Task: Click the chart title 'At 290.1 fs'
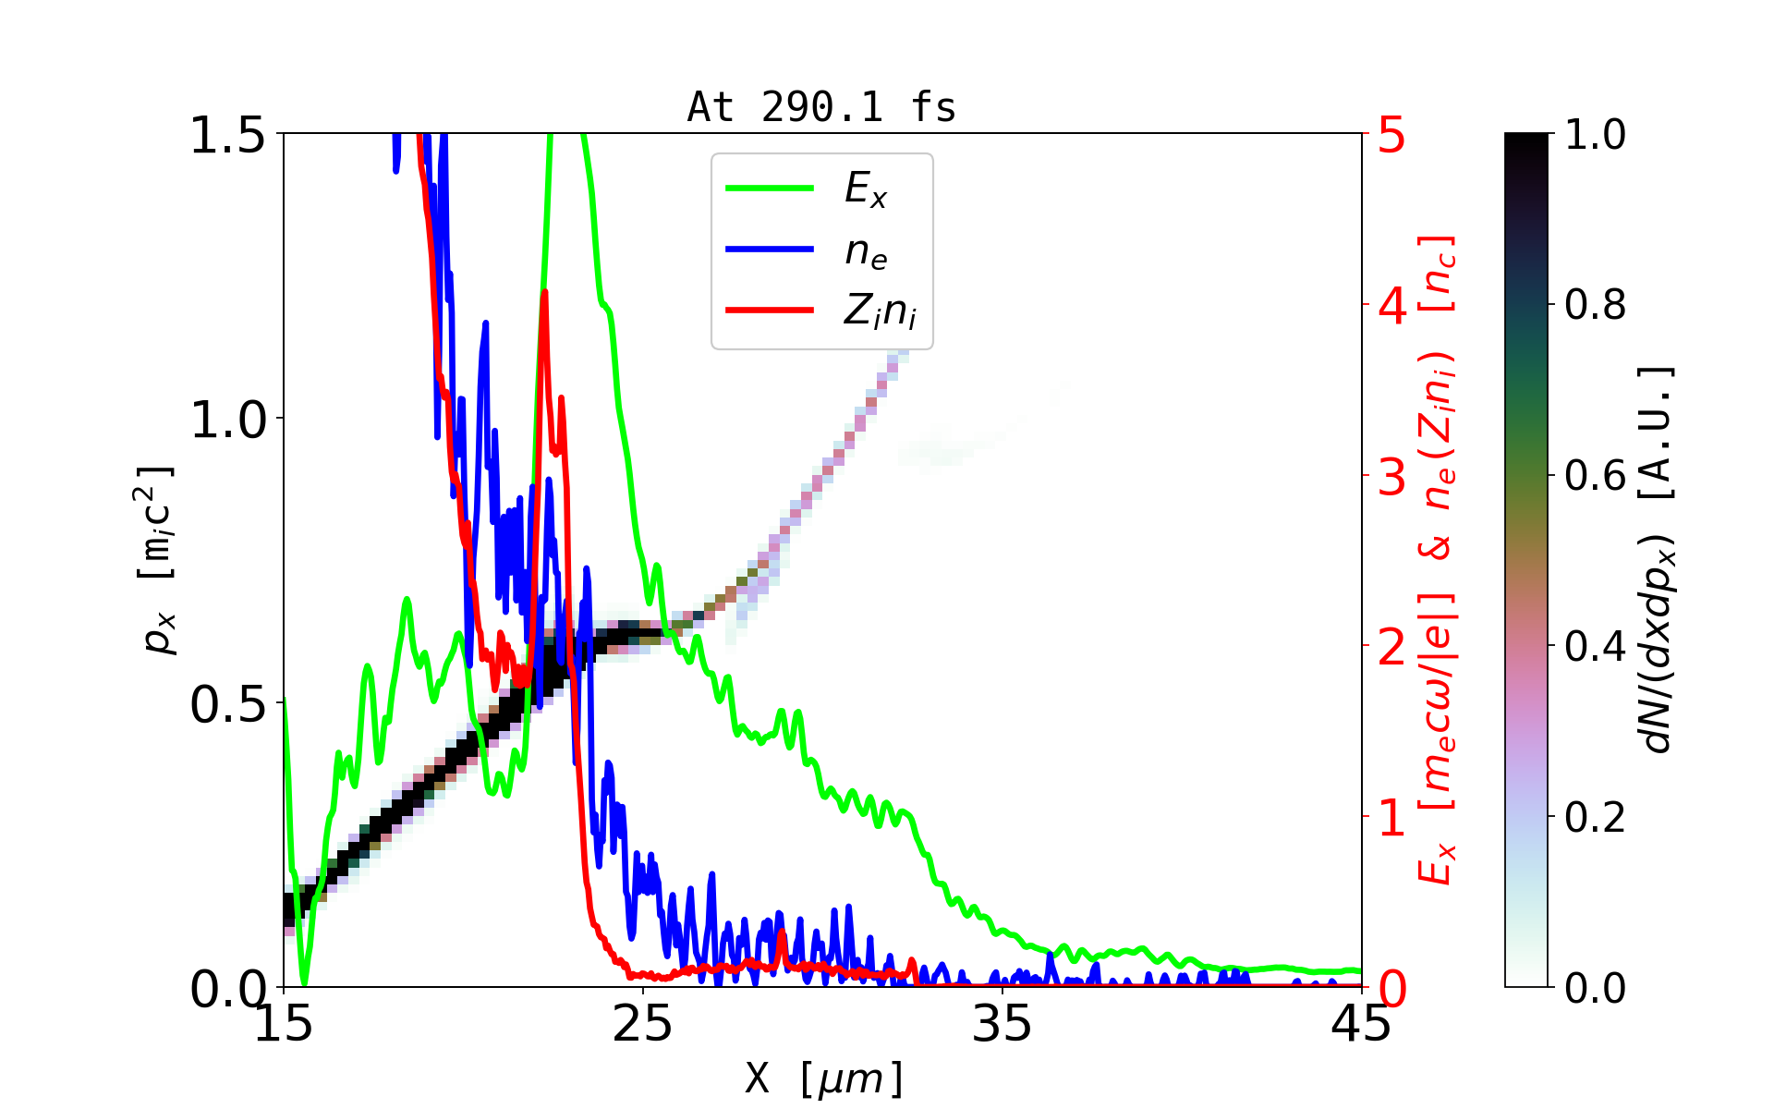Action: pyautogui.click(x=821, y=107)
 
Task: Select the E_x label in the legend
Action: pyautogui.click(x=865, y=189)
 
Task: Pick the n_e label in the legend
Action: pyautogui.click(x=865, y=251)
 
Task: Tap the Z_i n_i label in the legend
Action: pyautogui.click(x=879, y=311)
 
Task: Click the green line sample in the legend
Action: pyautogui.click(x=770, y=189)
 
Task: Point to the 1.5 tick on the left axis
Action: pyautogui.click(x=227, y=135)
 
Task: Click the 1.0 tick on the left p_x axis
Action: pyautogui.click(x=227, y=420)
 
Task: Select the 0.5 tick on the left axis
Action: pyautogui.click(x=227, y=705)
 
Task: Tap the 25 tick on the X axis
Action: pyautogui.click(x=643, y=1024)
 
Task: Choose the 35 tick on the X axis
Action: pyautogui.click(x=1002, y=1024)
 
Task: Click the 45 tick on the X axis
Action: pyautogui.click(x=1361, y=1024)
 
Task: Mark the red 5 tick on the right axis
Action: pyautogui.click(x=1391, y=136)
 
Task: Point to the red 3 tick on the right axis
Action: pyautogui.click(x=1391, y=478)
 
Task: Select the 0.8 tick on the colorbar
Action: pyautogui.click(x=1595, y=304)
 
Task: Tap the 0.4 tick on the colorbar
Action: pyautogui.click(x=1595, y=646)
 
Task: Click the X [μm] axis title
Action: pyautogui.click(x=824, y=1078)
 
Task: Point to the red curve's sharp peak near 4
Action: pyautogui.click(x=544, y=294)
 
